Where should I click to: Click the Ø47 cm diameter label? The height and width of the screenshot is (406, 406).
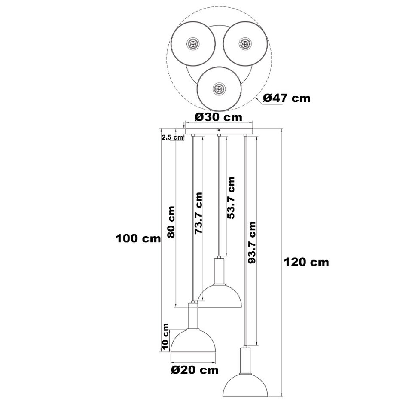click(x=287, y=98)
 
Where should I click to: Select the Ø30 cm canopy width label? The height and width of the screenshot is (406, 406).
click(x=219, y=117)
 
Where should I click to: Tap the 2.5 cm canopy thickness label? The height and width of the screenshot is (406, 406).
click(x=172, y=137)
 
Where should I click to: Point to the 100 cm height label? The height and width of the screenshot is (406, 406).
click(x=138, y=238)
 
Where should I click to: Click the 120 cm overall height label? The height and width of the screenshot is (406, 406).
click(x=306, y=262)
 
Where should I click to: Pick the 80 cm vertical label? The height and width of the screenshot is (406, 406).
click(x=171, y=222)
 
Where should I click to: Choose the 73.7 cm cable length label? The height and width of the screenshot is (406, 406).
click(x=198, y=214)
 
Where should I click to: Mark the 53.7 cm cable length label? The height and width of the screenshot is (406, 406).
click(x=230, y=198)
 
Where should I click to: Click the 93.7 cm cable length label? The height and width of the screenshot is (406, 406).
click(x=252, y=243)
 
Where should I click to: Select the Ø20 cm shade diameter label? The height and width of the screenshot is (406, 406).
click(x=195, y=370)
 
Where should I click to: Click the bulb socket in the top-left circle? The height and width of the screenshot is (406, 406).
click(x=192, y=44)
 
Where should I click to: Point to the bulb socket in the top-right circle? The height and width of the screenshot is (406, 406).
click(x=244, y=43)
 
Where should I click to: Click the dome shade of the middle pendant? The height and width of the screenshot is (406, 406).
click(x=220, y=296)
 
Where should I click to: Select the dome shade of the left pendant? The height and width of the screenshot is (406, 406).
click(x=193, y=341)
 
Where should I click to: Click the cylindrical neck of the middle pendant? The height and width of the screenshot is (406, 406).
click(x=219, y=271)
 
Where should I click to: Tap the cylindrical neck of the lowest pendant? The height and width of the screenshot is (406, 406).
click(x=245, y=360)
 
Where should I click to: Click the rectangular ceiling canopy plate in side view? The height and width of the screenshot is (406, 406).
click(x=219, y=131)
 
